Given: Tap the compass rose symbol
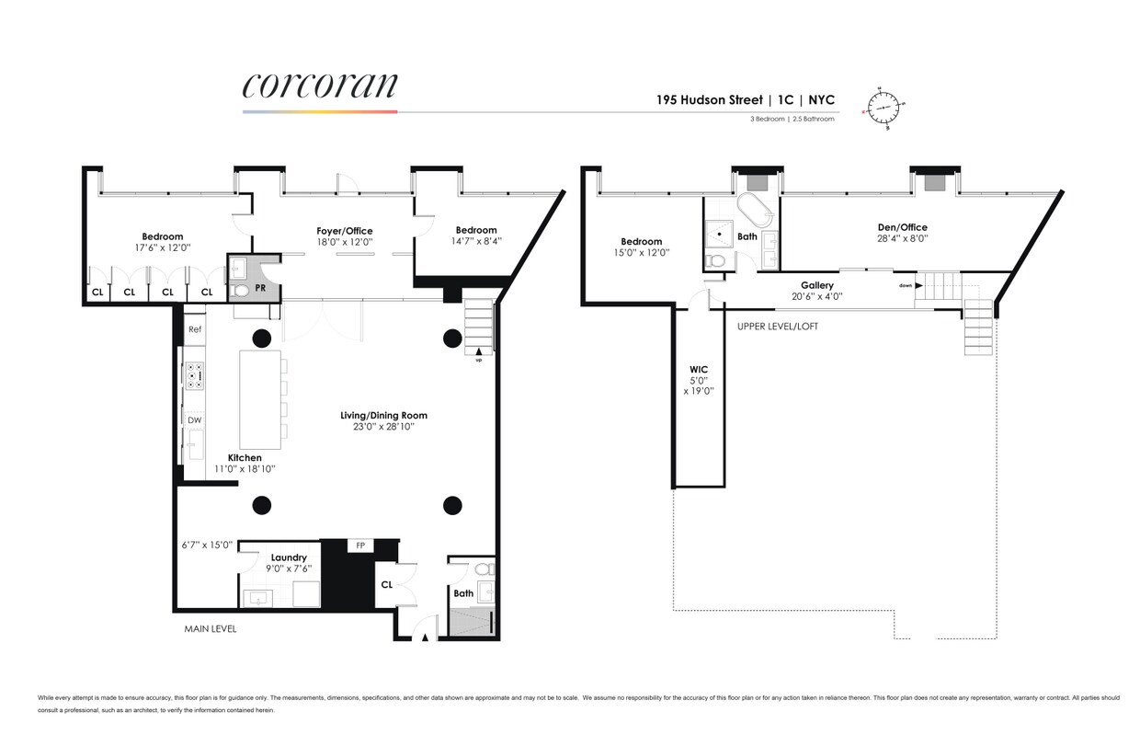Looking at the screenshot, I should coord(885,108).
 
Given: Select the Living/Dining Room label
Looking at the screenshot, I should coord(383,415).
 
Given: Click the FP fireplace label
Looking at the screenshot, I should coord(360,546).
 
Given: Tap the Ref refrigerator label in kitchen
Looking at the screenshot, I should coord(194,329).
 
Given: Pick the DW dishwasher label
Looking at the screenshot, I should coord(194,420).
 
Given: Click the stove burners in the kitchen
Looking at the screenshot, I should coord(195,375).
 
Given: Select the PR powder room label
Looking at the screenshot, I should coord(260,288).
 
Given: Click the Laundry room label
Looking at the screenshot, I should coord(288,557).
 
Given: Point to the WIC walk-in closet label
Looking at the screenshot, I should coord(699,370).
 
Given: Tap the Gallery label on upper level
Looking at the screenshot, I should coord(816,285).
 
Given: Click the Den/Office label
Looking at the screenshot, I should coord(902,227).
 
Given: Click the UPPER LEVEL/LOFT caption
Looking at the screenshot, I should coord(777,326).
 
